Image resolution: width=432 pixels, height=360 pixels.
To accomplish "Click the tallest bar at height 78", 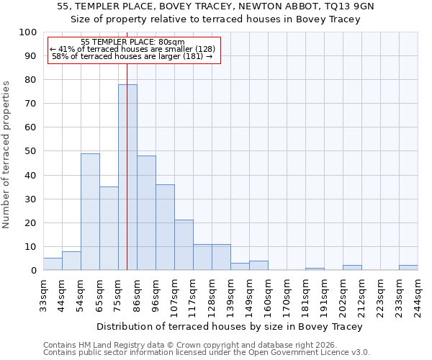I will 127,177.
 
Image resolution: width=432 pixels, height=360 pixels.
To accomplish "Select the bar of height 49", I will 90,212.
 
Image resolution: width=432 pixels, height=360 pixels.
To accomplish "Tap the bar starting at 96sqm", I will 165,227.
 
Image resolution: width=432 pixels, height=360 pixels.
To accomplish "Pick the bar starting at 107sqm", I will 184,245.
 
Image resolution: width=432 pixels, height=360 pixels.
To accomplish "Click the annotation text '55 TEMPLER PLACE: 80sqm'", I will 132,42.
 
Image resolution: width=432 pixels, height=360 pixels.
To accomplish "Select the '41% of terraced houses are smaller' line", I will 132,49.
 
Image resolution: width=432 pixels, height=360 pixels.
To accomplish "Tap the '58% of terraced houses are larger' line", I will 132,56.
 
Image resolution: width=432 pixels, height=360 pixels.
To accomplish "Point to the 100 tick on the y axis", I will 29,32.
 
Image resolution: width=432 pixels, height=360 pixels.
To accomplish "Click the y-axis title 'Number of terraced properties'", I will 6,154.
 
